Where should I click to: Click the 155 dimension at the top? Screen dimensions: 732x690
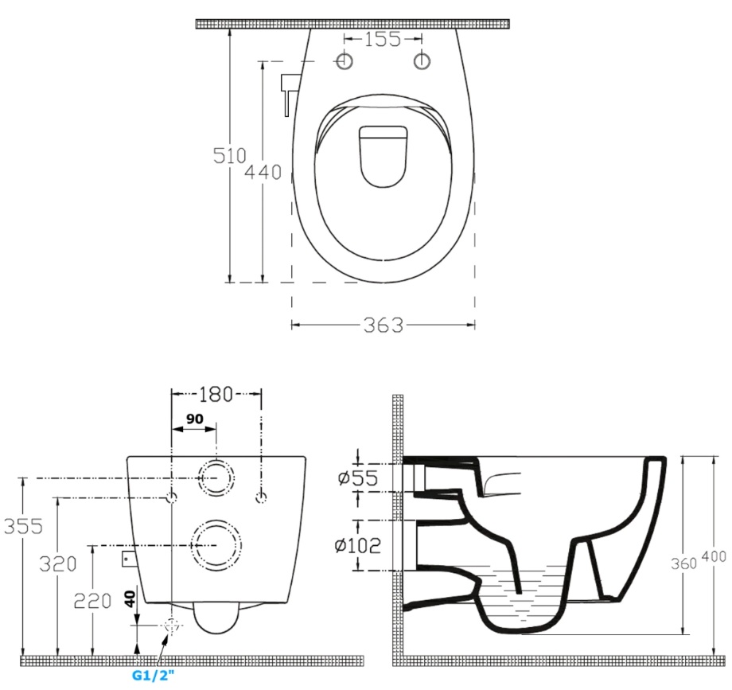pyautogui.click(x=383, y=39)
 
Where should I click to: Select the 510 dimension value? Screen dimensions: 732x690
pyautogui.click(x=229, y=155)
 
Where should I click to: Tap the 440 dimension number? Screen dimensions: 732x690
pyautogui.click(x=263, y=172)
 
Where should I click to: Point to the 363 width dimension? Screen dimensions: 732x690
pyautogui.click(x=383, y=326)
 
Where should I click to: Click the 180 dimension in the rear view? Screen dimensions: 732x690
pyautogui.click(x=216, y=395)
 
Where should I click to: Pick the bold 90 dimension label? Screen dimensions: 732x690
pyautogui.click(x=195, y=419)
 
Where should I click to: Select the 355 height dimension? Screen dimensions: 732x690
pyautogui.click(x=23, y=526)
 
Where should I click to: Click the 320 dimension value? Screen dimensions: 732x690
pyautogui.click(x=57, y=564)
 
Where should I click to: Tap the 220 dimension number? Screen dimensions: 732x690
pyautogui.click(x=92, y=601)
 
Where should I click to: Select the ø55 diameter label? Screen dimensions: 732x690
pyautogui.click(x=359, y=478)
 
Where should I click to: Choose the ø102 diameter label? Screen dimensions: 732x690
pyautogui.click(x=358, y=545)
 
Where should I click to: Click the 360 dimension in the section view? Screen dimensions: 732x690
pyautogui.click(x=684, y=563)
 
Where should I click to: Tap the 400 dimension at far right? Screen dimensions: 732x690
pyautogui.click(x=714, y=556)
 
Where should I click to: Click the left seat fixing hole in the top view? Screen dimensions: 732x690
pyautogui.click(x=345, y=61)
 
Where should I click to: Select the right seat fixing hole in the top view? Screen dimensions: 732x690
pyautogui.click(x=422, y=61)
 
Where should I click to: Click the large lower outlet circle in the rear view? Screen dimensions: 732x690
pyautogui.click(x=216, y=545)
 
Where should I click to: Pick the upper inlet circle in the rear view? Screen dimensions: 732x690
pyautogui.click(x=216, y=478)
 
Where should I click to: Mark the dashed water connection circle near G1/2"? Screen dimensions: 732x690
pyautogui.click(x=173, y=626)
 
